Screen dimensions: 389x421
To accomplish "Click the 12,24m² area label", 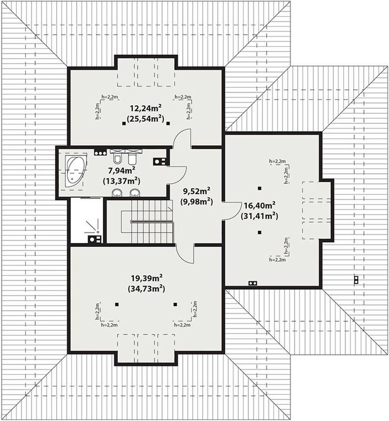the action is (x=145, y=108).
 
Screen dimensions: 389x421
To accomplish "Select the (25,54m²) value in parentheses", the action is (x=145, y=118).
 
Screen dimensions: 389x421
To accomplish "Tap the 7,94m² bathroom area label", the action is (x=121, y=171).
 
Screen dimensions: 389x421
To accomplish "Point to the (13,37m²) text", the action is (x=121, y=181).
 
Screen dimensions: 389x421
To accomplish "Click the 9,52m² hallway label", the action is (x=196, y=191).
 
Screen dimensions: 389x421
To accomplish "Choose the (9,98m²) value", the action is (x=196, y=201).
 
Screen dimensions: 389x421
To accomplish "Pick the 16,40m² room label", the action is (x=259, y=206).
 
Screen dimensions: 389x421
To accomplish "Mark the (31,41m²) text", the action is (x=259, y=216).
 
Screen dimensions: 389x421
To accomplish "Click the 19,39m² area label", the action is (x=147, y=278).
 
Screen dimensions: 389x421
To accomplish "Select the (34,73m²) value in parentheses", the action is (x=146, y=288).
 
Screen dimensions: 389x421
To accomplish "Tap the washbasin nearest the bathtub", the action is (x=117, y=193).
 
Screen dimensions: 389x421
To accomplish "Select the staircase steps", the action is (x=146, y=222).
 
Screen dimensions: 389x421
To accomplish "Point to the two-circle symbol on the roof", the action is (x=356, y=280).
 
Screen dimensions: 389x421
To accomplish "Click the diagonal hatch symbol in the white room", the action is (x=92, y=226).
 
